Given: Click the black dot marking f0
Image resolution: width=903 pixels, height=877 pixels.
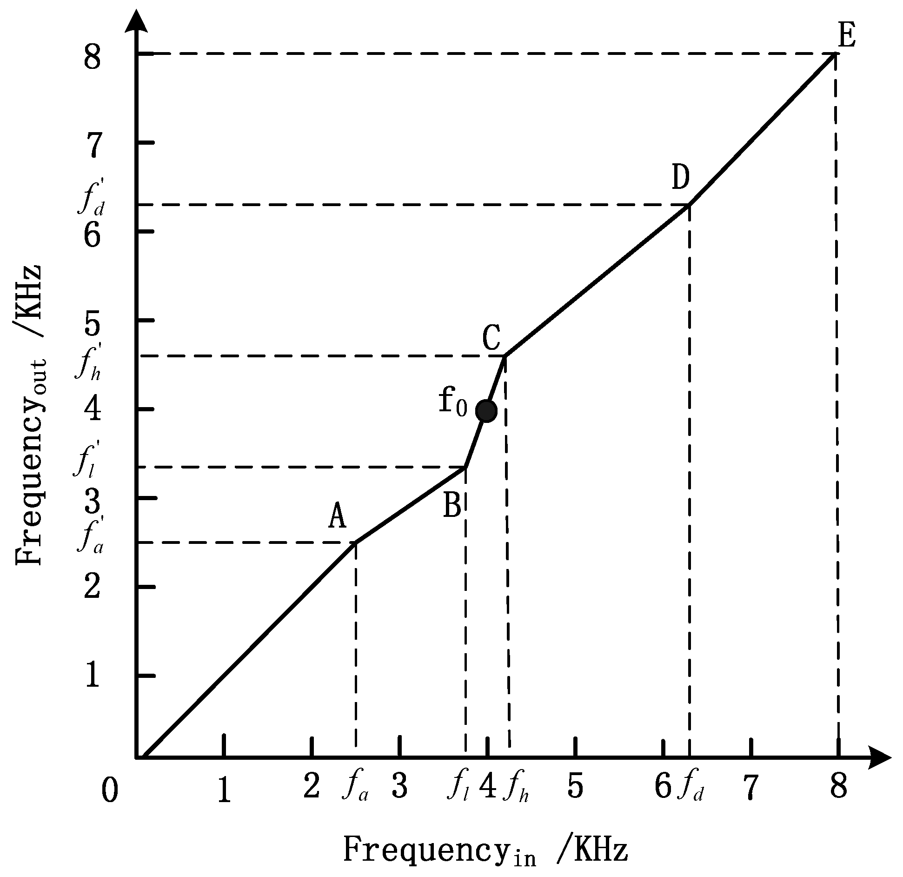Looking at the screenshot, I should [486, 411].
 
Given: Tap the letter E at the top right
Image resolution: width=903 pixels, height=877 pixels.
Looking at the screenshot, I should [847, 36].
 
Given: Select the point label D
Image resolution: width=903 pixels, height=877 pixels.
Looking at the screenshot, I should [680, 178].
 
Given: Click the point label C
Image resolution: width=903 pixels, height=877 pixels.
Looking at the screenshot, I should [491, 338].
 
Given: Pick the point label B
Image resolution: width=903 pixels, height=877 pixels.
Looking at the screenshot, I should [452, 506].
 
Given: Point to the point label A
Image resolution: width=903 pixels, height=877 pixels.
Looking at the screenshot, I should [337, 517].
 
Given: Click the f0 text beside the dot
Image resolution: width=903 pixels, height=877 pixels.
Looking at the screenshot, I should [452, 402].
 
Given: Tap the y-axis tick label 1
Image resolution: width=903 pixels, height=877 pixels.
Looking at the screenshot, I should [93, 676].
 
